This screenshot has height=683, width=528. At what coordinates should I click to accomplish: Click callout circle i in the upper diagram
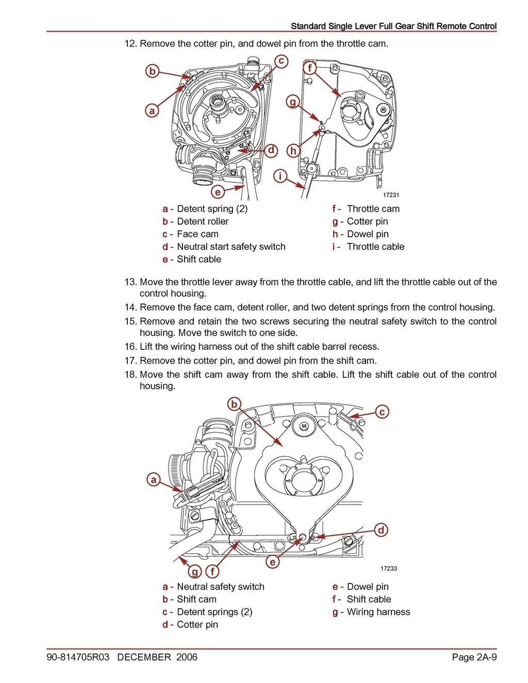pos(280,176)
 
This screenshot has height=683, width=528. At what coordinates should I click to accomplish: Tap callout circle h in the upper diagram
pos(293,150)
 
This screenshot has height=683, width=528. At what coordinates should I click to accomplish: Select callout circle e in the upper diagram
pos(218,192)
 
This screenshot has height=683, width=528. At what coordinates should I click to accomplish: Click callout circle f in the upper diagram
pos(310,68)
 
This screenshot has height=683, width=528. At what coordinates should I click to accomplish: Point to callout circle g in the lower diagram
pos(195,571)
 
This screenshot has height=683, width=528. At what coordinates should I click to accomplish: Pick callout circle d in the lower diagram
pos(381,530)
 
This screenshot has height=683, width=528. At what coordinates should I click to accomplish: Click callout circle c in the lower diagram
pos(382,412)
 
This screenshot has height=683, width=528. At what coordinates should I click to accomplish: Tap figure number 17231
pos(391,195)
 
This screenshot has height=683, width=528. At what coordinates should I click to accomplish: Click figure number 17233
pos(389,569)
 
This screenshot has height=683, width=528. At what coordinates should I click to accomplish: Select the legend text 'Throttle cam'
pos(373,209)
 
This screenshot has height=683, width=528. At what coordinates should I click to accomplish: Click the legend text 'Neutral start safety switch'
pos(231,247)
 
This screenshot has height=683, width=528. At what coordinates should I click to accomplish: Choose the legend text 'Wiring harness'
pos(378,612)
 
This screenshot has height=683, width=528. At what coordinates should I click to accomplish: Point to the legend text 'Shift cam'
pos(196,599)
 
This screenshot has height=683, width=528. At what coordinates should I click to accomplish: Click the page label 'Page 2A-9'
pos(474,657)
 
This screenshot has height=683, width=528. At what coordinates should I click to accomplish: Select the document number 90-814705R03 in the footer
pos(78,657)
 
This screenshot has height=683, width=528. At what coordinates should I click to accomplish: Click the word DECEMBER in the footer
pos(144,657)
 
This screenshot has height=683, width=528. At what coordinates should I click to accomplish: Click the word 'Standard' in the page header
pos(308,26)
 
